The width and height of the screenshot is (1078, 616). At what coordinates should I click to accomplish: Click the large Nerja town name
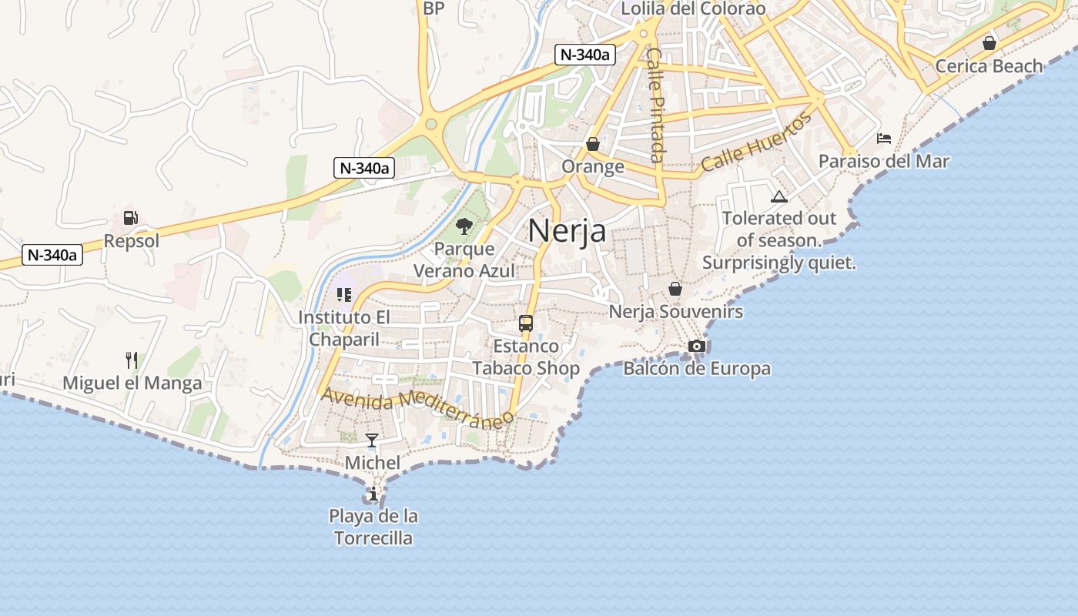pos(567,230)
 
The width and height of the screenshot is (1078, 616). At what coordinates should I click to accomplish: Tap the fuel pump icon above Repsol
pos(131,218)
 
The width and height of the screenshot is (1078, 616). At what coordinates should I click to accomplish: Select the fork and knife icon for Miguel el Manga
pos(132,360)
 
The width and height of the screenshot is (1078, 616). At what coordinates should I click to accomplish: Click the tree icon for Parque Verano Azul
pos(464,226)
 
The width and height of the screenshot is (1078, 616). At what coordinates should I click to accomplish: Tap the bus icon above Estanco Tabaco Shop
pos(526,323)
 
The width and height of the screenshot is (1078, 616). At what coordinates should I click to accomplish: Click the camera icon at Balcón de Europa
pos(697,346)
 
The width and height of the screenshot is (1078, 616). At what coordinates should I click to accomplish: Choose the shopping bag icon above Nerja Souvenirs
pos(675,289)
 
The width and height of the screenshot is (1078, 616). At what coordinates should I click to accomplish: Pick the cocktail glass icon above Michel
pos(372,440)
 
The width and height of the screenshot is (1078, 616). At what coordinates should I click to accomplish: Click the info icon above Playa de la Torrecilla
pos(373,494)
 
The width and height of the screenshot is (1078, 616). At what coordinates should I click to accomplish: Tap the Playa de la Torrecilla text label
pos(373,527)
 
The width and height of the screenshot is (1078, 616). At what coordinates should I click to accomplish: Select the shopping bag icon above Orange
pos(593,144)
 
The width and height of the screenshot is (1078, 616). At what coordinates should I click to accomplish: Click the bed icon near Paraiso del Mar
pos(884,139)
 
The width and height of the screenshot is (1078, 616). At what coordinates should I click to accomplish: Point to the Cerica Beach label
pos(989,66)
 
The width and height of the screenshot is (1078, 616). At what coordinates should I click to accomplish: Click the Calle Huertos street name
pos(756,142)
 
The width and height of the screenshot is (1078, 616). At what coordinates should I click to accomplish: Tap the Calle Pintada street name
pos(655,105)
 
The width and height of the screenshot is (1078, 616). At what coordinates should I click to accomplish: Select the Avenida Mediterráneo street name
pos(417,408)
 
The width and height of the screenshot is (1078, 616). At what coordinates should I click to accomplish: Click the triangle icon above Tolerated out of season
pos(779,197)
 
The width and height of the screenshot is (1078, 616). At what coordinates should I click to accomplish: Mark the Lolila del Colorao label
pos(693,9)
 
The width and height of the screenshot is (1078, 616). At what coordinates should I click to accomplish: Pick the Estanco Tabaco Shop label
pos(526,357)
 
